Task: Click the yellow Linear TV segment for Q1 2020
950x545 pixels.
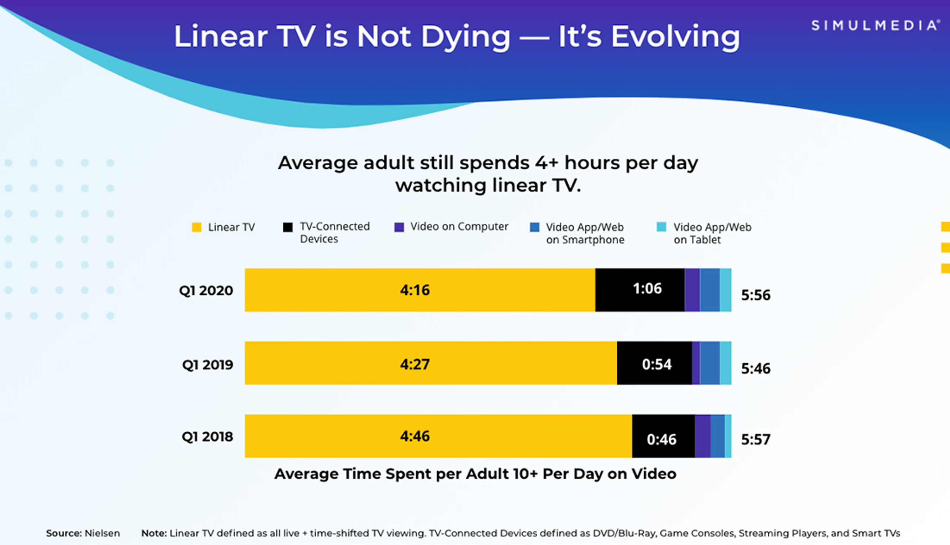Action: pos(419,290)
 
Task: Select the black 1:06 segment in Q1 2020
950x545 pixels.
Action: pos(640,290)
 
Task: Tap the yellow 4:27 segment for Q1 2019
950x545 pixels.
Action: pos(431,363)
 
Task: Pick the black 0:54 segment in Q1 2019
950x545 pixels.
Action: pos(654,363)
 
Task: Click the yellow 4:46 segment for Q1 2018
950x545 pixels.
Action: pos(438,436)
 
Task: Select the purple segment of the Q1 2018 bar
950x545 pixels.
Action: pos(702,436)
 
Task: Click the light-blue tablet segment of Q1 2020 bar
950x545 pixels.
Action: pos(725,290)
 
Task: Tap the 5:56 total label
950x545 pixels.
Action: pos(756,295)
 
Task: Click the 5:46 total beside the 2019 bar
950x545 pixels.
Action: pos(756,368)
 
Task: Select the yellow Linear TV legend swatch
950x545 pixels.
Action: pos(197,227)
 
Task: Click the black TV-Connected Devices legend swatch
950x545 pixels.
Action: pos(288,227)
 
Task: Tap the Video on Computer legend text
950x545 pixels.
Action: pos(459,227)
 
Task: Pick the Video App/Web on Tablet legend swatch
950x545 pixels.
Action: pos(661,227)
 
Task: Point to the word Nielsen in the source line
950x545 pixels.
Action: pos(102,533)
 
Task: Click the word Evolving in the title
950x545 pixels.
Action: pos(676,37)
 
